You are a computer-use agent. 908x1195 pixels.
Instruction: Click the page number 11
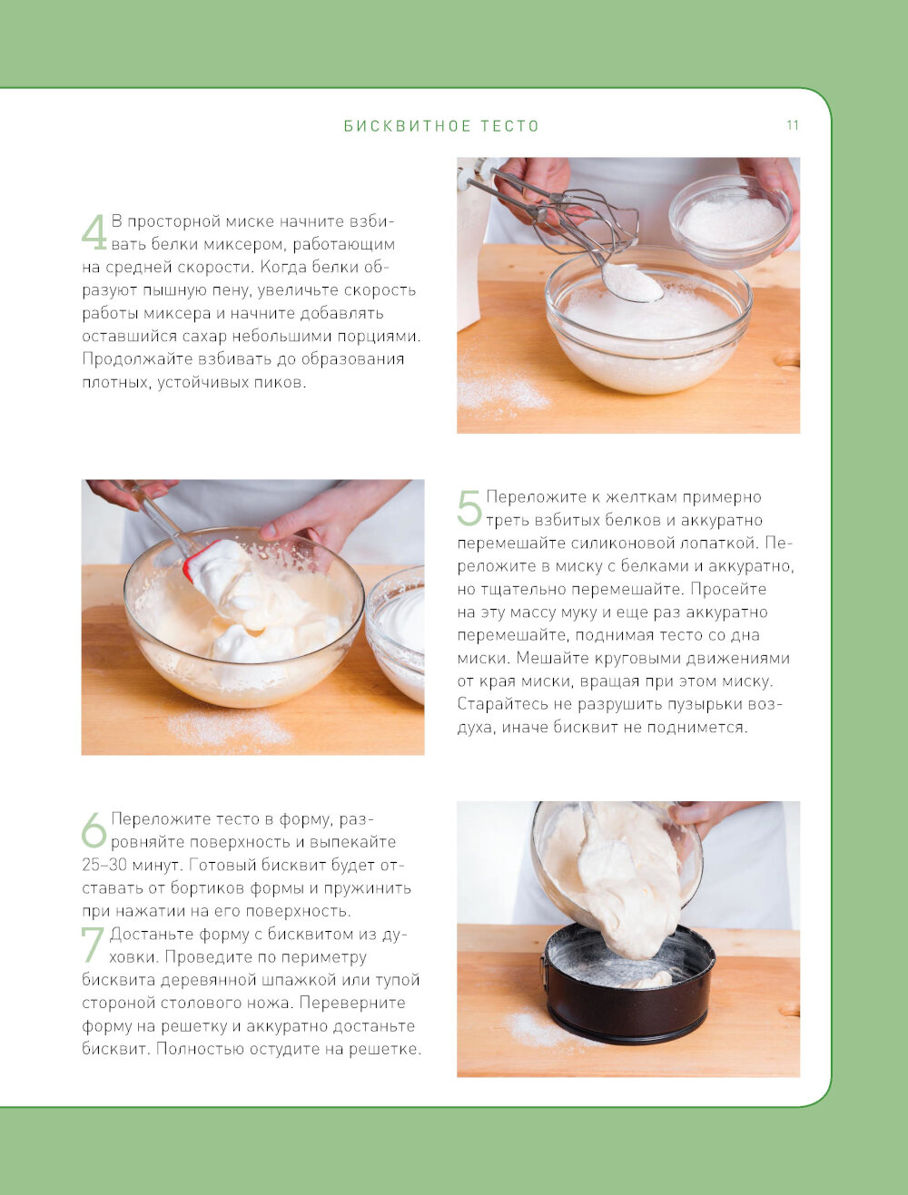coord(793,125)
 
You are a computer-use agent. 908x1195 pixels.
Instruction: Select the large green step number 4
coord(94,232)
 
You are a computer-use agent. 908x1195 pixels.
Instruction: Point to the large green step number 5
coord(469,507)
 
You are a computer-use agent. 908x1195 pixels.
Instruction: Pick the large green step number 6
coord(94,829)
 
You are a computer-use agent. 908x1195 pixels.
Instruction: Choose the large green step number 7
coord(92,945)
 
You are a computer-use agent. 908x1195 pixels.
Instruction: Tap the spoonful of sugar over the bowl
coord(632,282)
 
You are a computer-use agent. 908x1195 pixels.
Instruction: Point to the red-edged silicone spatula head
coord(215,566)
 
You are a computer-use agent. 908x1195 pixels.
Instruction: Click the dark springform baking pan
coord(629,991)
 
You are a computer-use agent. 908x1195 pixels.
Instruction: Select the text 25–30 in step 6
coord(101,865)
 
